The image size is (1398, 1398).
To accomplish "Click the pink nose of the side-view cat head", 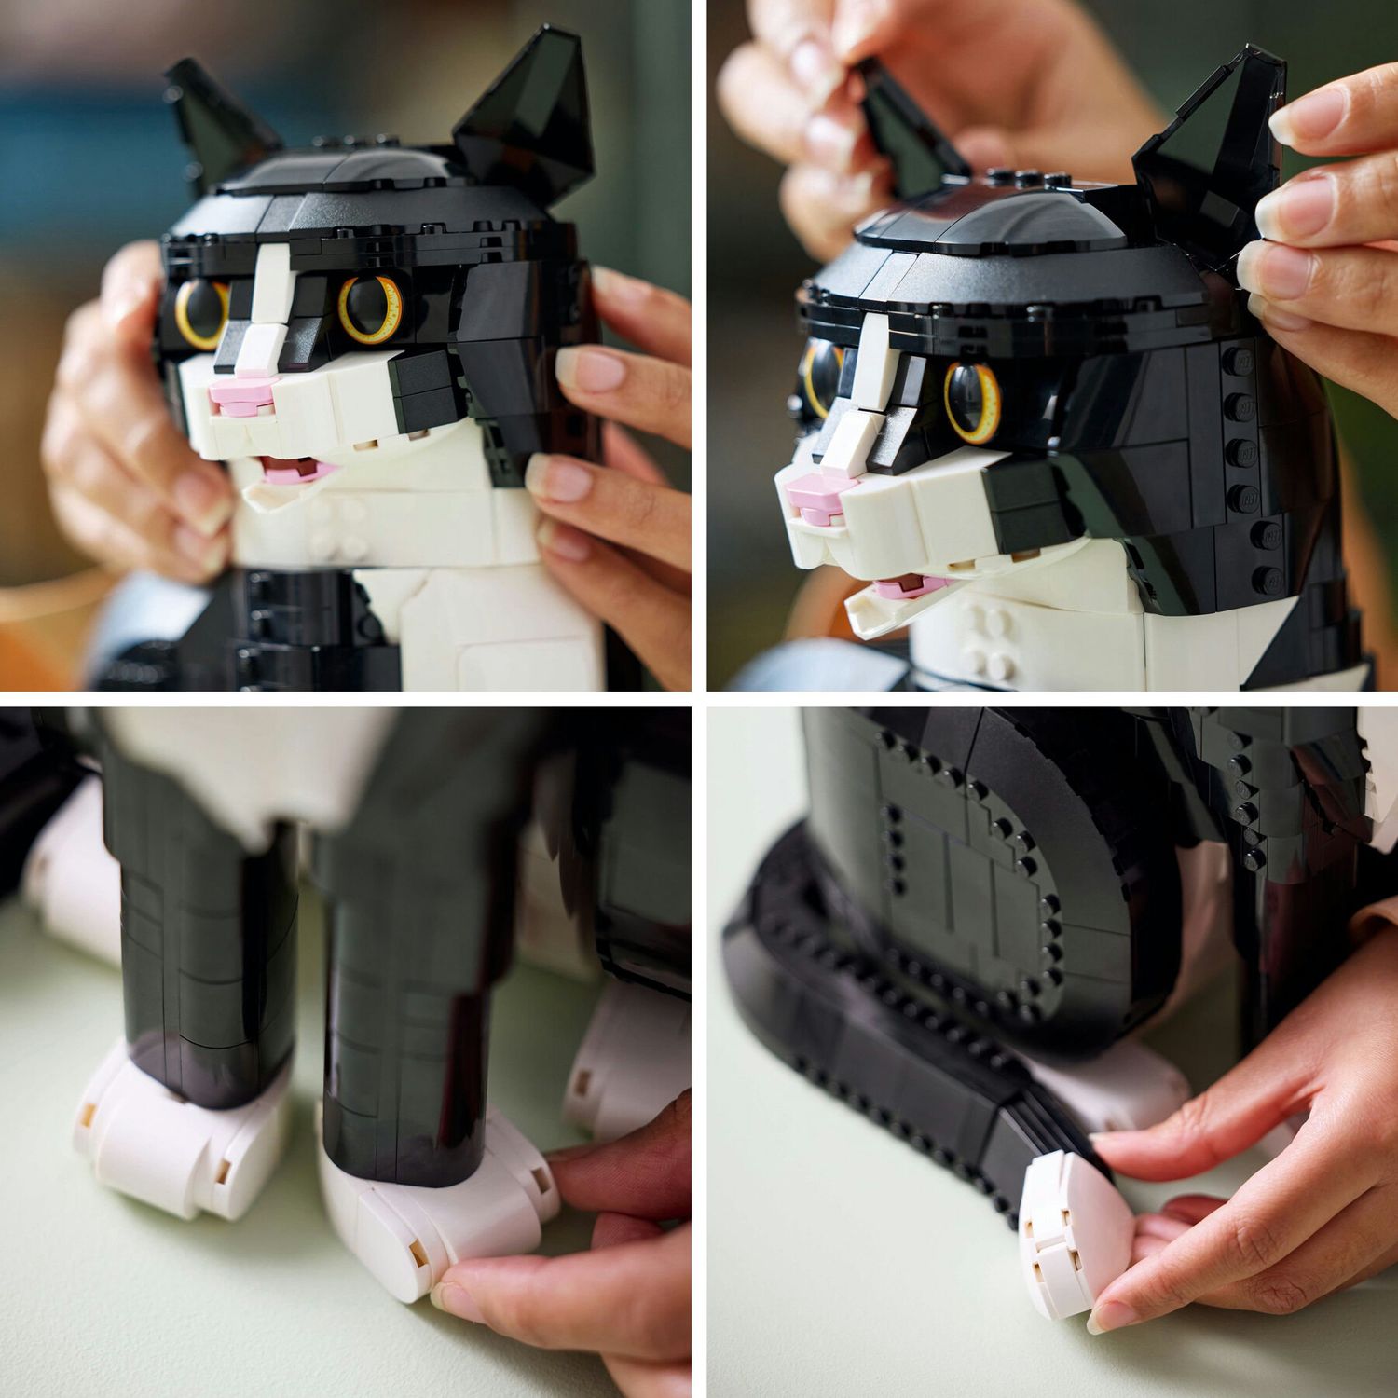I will click(809, 494).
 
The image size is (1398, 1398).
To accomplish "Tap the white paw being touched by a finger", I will click(438, 1230).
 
